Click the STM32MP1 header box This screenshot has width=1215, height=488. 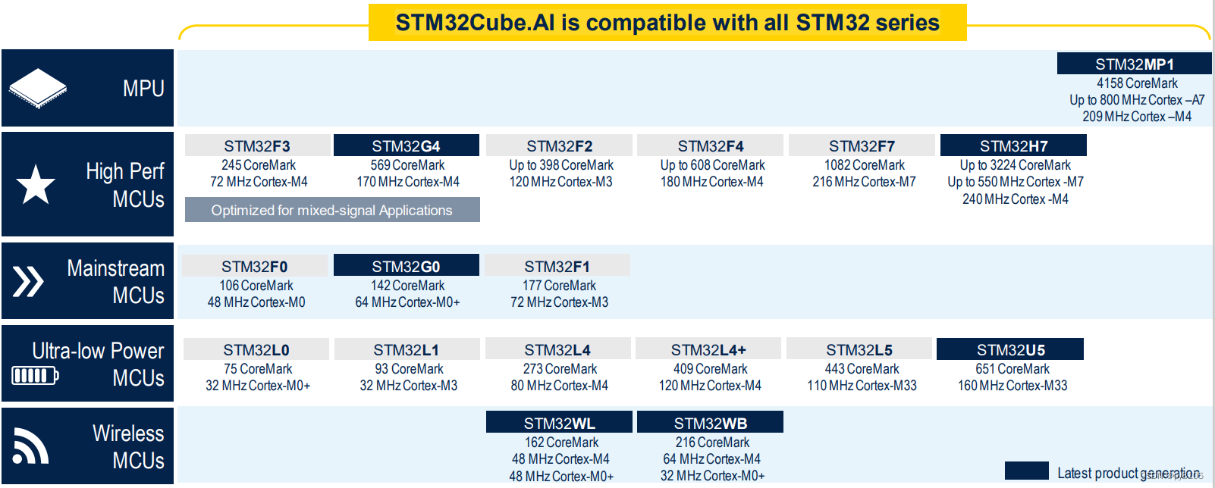pyautogui.click(x=1134, y=64)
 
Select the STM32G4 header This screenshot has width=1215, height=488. pyautogui.click(x=407, y=145)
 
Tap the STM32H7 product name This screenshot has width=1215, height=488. pyautogui.click(x=1013, y=145)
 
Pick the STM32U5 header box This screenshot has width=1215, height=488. pyautogui.click(x=1010, y=349)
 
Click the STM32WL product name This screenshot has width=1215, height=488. pyautogui.click(x=559, y=422)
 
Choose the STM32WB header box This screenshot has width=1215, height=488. pyautogui.click(x=710, y=422)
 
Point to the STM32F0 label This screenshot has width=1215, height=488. pyautogui.click(x=254, y=266)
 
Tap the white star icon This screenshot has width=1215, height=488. pyautogui.click(x=36, y=185)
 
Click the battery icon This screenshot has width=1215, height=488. pyautogui.click(x=35, y=375)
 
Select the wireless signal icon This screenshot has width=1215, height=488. pyautogui.click(x=30, y=446)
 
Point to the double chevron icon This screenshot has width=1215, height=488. pyautogui.click(x=28, y=281)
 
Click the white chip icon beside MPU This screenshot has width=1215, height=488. pyautogui.click(x=38, y=88)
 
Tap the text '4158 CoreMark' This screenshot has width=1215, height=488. pyautogui.click(x=1137, y=83)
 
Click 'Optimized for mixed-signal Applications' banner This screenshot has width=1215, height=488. pyautogui.click(x=332, y=210)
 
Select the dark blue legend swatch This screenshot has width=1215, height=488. pyautogui.click(x=1026, y=470)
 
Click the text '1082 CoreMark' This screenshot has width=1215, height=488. pyautogui.click(x=865, y=165)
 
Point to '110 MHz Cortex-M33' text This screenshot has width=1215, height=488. pyautogui.click(x=862, y=386)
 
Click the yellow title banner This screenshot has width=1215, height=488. pyautogui.click(x=667, y=23)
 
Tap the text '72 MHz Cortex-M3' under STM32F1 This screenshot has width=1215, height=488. pyautogui.click(x=559, y=302)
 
